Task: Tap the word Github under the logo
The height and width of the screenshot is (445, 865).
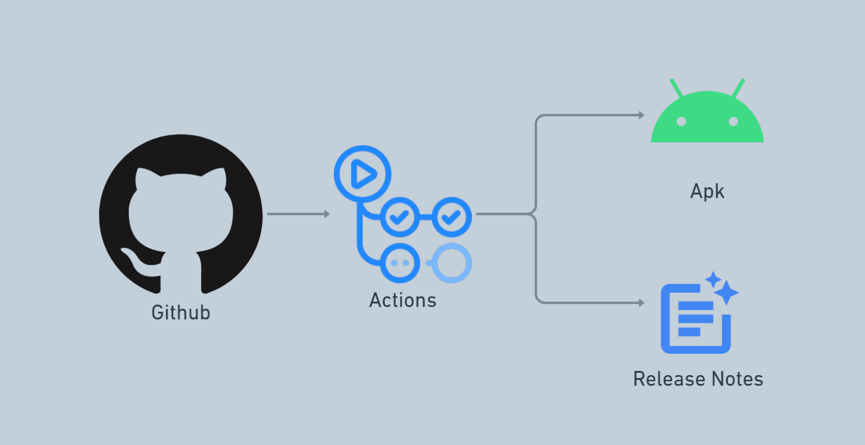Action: (181, 312)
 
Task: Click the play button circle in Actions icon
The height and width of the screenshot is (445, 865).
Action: (362, 174)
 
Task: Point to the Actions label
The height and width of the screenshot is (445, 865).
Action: (403, 300)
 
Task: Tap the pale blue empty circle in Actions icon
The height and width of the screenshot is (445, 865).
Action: (452, 262)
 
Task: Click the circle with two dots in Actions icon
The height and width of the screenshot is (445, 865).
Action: (400, 262)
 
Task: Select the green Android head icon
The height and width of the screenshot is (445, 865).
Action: (707, 119)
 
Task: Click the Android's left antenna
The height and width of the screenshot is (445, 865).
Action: (676, 88)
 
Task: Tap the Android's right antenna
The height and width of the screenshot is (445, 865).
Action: (738, 88)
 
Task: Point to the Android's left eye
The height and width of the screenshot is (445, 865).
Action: (681, 121)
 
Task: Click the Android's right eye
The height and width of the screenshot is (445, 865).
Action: (733, 121)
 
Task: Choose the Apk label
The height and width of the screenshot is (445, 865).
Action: (707, 191)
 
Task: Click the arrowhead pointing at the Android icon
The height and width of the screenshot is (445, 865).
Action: (641, 115)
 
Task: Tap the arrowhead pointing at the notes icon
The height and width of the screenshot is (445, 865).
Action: (641, 303)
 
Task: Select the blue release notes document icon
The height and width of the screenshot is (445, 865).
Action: (695, 320)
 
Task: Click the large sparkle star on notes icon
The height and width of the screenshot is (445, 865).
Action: (726, 292)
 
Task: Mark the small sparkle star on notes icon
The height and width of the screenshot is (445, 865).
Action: (713, 278)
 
